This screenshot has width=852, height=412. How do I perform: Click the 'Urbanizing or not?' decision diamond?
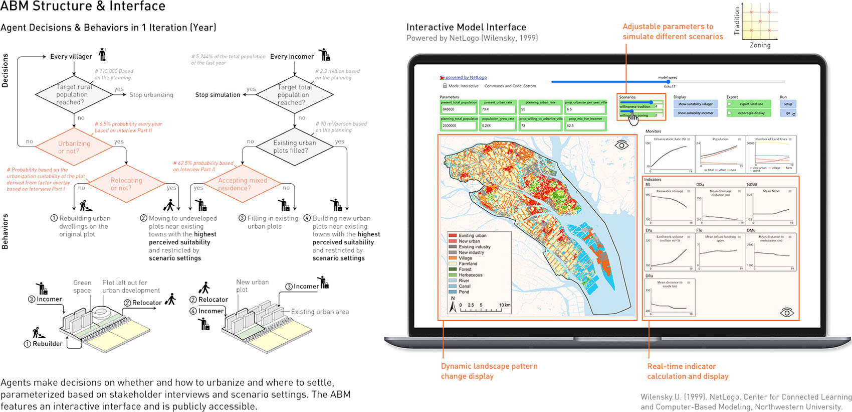74,147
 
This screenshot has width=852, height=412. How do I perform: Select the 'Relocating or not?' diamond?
126,184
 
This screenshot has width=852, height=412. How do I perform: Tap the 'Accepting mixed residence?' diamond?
243,184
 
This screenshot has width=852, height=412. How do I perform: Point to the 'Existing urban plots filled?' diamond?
295,147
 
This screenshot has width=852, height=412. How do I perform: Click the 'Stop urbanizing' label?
151,95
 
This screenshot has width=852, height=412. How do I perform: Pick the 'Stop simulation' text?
218,95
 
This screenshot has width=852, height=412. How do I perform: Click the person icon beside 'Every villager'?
103,54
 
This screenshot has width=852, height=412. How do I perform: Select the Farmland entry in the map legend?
468,263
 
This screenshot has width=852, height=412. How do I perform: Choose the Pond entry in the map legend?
464,292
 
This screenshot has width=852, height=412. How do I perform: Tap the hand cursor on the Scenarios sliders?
633,118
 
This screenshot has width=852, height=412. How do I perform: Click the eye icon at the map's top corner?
621,145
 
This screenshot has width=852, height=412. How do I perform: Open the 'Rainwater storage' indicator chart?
670,206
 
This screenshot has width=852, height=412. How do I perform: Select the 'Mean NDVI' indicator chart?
771,206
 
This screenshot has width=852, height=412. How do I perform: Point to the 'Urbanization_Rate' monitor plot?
669,154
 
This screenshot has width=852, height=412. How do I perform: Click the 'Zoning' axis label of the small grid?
760,45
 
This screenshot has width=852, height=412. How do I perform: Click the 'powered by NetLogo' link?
466,77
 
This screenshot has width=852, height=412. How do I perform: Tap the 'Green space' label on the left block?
82,287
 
